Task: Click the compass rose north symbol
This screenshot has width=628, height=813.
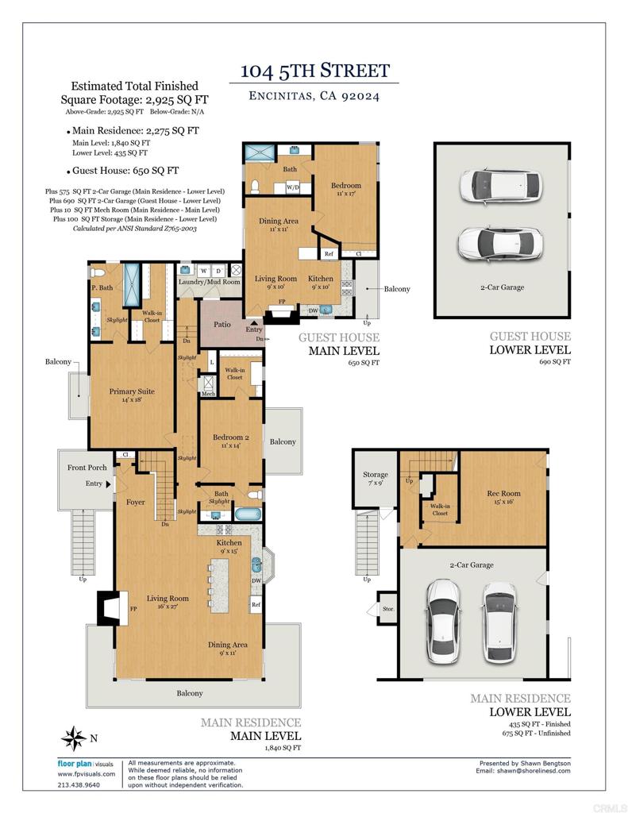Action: pyautogui.click(x=74, y=738)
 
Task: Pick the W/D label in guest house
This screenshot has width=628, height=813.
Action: pyautogui.click(x=292, y=188)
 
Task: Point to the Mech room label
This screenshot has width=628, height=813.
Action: pyautogui.click(x=208, y=394)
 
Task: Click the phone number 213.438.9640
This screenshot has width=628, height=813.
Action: pyautogui.click(x=79, y=784)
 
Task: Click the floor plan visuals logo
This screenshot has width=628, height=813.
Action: pyautogui.click(x=87, y=764)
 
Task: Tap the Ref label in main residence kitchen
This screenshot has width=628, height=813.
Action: pyautogui.click(x=256, y=605)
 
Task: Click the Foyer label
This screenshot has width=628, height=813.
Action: pyautogui.click(x=136, y=502)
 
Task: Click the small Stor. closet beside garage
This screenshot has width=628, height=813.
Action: pyautogui.click(x=387, y=611)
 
